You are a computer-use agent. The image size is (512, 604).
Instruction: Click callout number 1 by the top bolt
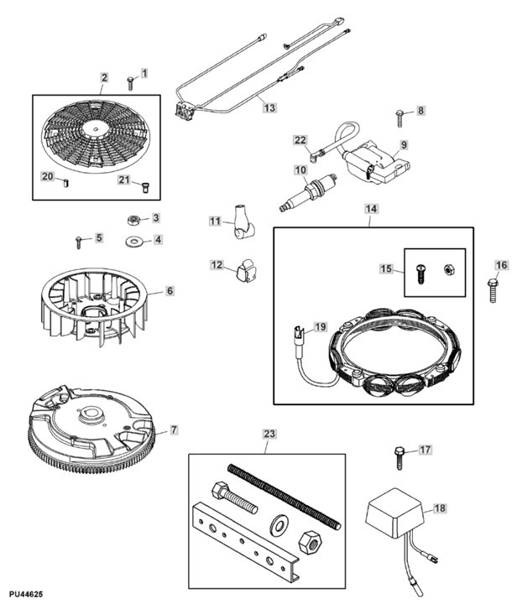(x=144, y=74)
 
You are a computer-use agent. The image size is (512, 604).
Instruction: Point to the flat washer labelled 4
(x=133, y=242)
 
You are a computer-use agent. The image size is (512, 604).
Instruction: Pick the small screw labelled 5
(x=80, y=241)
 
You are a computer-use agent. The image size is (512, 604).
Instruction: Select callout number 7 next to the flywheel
(x=174, y=430)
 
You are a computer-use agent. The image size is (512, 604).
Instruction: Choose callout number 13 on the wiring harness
(x=268, y=107)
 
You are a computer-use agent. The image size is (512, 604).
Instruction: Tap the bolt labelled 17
(x=399, y=456)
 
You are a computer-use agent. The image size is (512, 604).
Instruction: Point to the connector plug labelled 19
(x=298, y=338)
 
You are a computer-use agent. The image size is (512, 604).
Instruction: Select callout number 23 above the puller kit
(x=269, y=434)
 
